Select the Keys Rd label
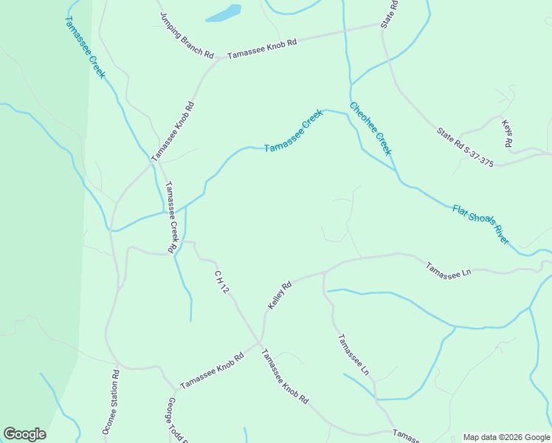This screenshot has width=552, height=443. [x=506, y=134]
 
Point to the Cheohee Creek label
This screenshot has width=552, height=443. [x=370, y=128]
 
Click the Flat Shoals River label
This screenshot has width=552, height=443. [x=480, y=224]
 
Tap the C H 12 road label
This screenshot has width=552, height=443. [x=222, y=283]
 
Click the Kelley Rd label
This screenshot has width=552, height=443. [x=280, y=294]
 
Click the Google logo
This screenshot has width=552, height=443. [x=24, y=434]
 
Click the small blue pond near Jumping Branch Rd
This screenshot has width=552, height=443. [x=223, y=13]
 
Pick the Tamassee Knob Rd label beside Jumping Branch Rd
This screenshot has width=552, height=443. [x=261, y=49]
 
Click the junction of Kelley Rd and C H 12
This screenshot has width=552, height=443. [x=260, y=342]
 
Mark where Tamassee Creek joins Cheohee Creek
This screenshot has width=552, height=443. [x=347, y=114]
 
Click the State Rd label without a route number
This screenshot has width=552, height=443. [x=389, y=14]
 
